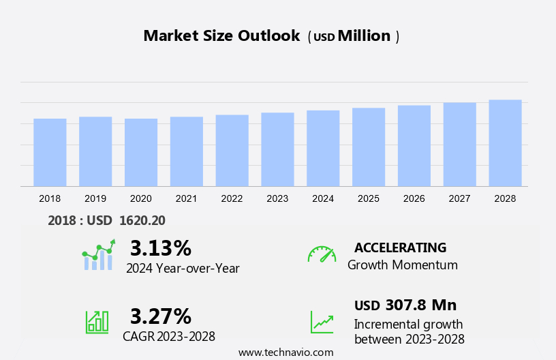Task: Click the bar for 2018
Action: click(50, 153)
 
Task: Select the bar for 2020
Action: click(141, 153)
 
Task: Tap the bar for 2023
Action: click(277, 149)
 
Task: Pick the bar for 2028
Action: click(505, 143)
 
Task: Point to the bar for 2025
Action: click(369, 147)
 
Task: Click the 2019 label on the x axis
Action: click(95, 198)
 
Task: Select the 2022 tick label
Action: click(232, 198)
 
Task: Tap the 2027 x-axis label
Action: click(460, 198)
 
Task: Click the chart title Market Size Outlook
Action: click(221, 36)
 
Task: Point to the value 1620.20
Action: click(142, 220)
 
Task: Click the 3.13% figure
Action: click(161, 247)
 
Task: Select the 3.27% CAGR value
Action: click(161, 316)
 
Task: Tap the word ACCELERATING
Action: click(400, 247)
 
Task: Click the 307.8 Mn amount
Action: click(421, 305)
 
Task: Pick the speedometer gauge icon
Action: click(322, 254)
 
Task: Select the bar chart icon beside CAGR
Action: click(97, 321)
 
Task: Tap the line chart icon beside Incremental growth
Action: click(322, 322)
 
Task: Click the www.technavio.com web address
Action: click(286, 352)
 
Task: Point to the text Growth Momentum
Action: click(402, 265)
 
